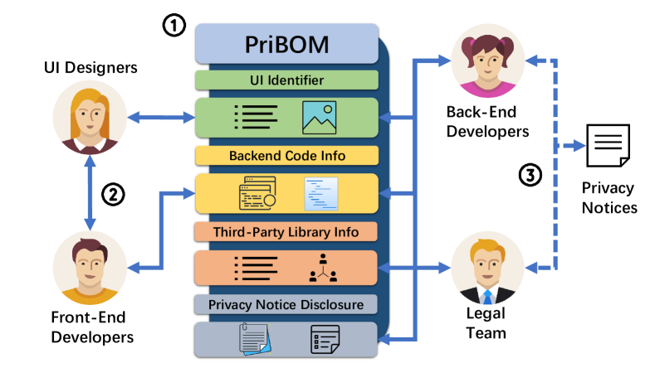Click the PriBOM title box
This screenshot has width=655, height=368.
pyautogui.click(x=286, y=44)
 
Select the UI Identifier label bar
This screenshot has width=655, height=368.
pyautogui.click(x=286, y=80)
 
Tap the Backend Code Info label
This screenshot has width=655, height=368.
pyautogui.click(x=286, y=155)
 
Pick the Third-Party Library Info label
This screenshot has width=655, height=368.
pyautogui.click(x=286, y=230)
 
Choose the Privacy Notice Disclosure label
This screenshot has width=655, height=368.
pyautogui.click(x=286, y=305)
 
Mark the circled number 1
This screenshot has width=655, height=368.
pyautogui.click(x=173, y=26)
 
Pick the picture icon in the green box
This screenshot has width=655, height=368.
pyautogui.click(x=319, y=118)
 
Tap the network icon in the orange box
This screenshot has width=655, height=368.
pyautogui.click(x=320, y=267)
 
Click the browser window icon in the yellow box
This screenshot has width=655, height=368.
pyautogui.click(x=257, y=192)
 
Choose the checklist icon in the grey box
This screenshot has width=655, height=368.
pyautogui.click(x=325, y=340)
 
